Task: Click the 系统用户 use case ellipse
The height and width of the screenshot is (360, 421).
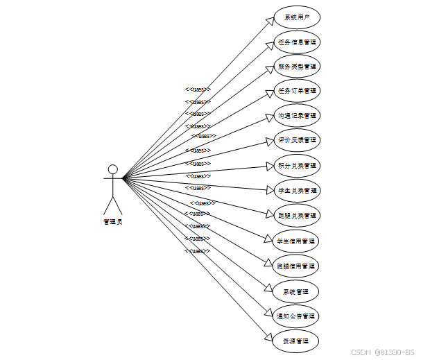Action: pyautogui.click(x=297, y=17)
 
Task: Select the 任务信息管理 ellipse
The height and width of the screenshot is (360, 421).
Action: pyautogui.click(x=297, y=42)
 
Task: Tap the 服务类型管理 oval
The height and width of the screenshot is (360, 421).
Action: pyautogui.click(x=297, y=67)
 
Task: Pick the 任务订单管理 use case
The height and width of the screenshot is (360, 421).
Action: pyautogui.click(x=297, y=91)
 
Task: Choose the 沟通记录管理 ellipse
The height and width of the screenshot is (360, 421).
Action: pyautogui.click(x=297, y=115)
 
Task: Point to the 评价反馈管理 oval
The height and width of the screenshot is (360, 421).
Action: pyautogui.click(x=297, y=140)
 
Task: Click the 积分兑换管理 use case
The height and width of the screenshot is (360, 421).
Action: pyautogui.click(x=297, y=166)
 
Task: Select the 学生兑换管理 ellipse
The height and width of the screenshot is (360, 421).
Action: pyautogui.click(x=297, y=191)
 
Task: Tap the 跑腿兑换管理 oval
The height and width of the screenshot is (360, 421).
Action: pyautogui.click(x=297, y=216)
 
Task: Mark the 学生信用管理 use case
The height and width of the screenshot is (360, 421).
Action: pyautogui.click(x=297, y=241)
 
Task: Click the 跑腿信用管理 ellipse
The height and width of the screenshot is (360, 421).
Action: pyautogui.click(x=297, y=266)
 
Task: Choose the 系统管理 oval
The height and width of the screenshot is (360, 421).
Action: pyautogui.click(x=297, y=291)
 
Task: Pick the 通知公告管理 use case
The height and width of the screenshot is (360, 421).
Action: pyautogui.click(x=297, y=316)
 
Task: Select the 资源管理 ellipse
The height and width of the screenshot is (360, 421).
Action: pyautogui.click(x=297, y=341)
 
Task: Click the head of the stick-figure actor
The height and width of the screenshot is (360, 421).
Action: pyautogui.click(x=112, y=169)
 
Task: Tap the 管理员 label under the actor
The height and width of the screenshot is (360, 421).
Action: pyautogui.click(x=112, y=222)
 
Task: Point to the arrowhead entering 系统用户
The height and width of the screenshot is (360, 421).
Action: pyautogui.click(x=270, y=21)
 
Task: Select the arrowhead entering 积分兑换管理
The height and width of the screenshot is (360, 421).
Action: pyautogui.click(x=270, y=166)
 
